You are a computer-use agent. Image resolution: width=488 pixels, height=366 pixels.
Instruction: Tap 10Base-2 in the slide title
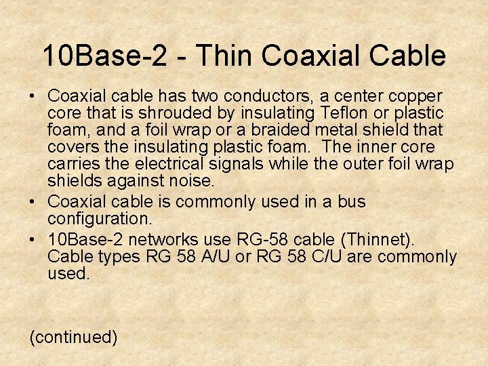pyautogui.click(x=103, y=56)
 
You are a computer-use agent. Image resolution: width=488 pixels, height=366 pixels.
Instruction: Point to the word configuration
pyautogui.click(x=100, y=218)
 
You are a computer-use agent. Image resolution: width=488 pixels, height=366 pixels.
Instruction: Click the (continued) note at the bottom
pyautogui.click(x=73, y=337)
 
